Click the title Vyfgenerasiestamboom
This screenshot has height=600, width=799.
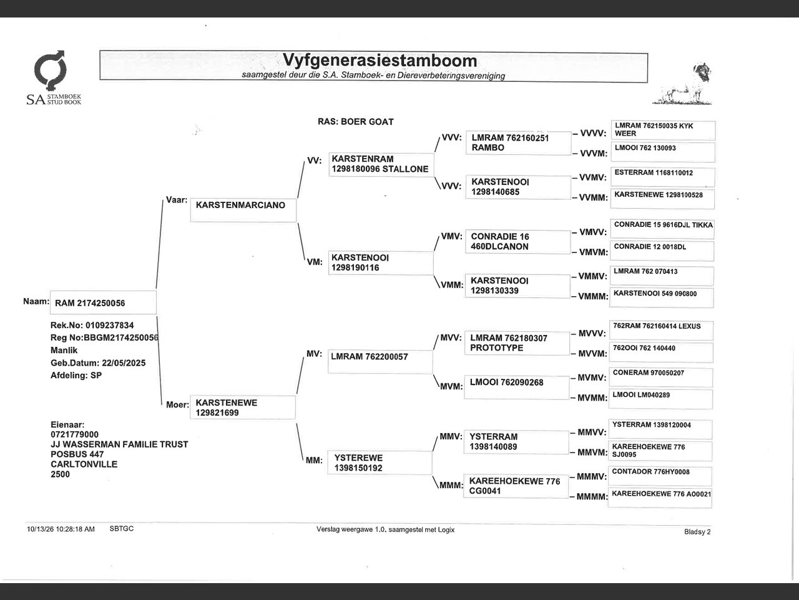pos(380,61)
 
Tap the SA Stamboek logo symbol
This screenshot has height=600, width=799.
pos(50,71)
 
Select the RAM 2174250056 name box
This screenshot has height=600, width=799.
pos(103,302)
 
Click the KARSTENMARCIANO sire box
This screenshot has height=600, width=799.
pos(243,210)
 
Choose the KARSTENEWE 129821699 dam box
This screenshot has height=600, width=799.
pos(242,407)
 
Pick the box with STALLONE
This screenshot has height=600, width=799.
pos(381,164)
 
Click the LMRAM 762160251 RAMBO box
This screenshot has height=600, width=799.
pos(518,143)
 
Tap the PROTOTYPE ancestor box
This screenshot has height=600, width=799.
pos(517,343)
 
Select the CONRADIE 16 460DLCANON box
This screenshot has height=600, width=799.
pos(517,242)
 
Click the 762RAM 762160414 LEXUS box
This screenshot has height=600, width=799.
pos(661,331)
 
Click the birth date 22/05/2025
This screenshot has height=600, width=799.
pos(124,363)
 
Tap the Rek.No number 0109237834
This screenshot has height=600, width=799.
pos(110,326)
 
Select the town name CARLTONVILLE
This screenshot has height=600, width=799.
pos(84,464)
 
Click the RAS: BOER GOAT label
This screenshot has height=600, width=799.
pos(356,122)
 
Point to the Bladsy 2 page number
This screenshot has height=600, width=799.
pos(697,532)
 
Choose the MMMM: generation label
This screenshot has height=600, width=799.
pos(592,497)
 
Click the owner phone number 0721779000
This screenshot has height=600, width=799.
pos(75,434)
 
